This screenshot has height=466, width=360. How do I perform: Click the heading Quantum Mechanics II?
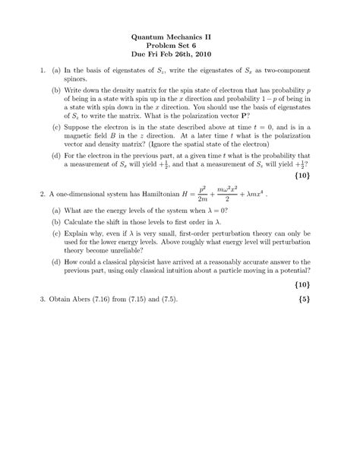180,36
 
